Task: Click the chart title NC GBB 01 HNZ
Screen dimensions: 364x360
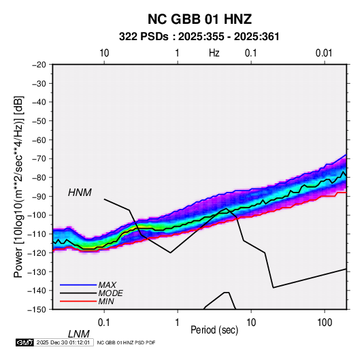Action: (199, 19)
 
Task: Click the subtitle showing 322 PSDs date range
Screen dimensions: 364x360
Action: (199, 37)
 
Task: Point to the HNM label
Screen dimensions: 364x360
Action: (80, 193)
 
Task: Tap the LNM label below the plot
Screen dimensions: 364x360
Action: (79, 334)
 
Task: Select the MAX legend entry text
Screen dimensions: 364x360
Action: (107, 284)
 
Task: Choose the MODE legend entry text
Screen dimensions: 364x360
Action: (110, 293)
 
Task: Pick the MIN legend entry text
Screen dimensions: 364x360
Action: (106, 301)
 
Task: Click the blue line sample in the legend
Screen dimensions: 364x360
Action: (78, 284)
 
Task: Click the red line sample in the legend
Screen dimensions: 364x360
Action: (78, 301)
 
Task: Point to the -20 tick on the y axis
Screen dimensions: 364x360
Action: (39, 65)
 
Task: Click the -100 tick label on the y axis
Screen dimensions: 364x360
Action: (37, 215)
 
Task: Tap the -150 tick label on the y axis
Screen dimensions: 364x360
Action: (37, 310)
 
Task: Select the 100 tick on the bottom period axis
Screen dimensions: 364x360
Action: (325, 322)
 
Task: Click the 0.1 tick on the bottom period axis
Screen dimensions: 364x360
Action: (103, 322)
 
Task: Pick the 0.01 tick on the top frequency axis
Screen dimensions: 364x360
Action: (324, 53)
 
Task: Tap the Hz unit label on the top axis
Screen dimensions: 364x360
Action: (214, 53)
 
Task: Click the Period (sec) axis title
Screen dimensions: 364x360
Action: (214, 330)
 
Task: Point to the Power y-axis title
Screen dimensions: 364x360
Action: (18, 186)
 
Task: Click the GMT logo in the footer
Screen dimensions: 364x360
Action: (24, 342)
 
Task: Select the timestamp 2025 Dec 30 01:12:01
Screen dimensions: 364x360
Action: (63, 342)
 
